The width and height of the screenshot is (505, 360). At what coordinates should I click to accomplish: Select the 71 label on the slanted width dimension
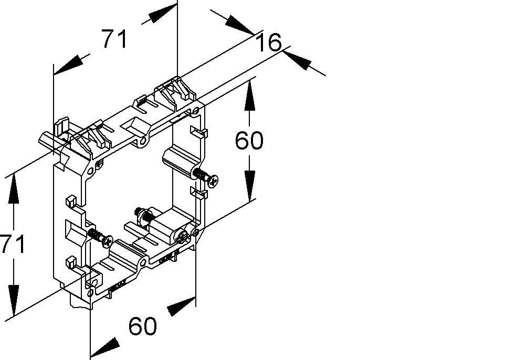114,39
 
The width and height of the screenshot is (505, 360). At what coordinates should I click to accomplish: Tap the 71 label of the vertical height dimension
12,245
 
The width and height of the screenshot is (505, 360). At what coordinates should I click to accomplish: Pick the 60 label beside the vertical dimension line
249,141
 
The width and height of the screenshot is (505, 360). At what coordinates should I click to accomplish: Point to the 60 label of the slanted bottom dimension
143,326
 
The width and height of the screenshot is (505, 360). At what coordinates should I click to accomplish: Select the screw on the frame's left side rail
101,237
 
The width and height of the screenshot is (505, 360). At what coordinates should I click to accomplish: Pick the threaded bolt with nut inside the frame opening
143,215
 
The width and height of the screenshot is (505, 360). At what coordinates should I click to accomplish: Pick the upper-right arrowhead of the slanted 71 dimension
158,15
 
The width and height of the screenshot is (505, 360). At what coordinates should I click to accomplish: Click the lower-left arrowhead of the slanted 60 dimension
105,346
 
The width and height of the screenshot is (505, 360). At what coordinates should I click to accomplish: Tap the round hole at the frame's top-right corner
196,111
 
